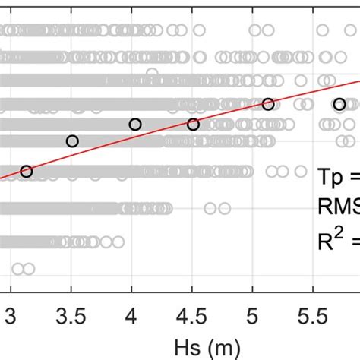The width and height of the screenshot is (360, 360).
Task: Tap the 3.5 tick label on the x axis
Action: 71,315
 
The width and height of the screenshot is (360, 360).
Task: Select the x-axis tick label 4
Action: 131,315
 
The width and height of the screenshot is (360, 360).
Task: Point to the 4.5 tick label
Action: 191,315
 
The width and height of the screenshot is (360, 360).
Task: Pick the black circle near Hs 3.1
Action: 27,172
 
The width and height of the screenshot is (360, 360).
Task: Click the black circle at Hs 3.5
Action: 72,141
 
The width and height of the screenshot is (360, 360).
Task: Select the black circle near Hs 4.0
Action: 135,125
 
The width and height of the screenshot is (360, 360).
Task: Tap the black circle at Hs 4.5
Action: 193,125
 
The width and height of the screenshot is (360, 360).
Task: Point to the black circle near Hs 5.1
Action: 267,104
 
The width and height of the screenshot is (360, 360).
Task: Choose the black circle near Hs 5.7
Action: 339,104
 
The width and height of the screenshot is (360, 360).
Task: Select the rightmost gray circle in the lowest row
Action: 29,268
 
